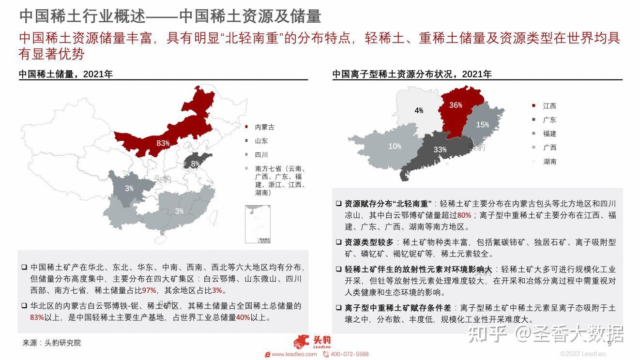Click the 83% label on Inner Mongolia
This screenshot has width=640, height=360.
click(163, 143)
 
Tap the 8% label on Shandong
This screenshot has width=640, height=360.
click(195, 164)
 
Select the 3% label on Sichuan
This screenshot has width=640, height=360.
click(129, 188)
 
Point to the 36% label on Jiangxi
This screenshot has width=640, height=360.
click(456, 105)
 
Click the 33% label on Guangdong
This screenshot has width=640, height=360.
click(440, 150)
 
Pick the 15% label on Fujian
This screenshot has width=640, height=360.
click(482, 125)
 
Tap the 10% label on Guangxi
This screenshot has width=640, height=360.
click(395, 146)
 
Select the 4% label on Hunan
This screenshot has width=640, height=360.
click(419, 110)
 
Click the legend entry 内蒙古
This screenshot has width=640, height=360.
click(264, 127)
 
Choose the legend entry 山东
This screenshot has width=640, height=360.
click(261, 141)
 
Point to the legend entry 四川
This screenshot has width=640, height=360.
click(261, 155)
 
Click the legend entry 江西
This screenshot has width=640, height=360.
click(549, 105)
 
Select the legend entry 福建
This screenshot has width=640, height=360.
click(549, 134)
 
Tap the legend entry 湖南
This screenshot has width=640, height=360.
click(549, 162)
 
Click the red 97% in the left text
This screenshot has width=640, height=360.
click(149, 290)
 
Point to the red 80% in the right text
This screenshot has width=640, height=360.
click(464, 215)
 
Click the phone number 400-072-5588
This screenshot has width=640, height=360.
click(349, 354)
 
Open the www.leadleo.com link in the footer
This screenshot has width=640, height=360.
click(294, 354)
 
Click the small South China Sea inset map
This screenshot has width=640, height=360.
click(258, 225)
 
